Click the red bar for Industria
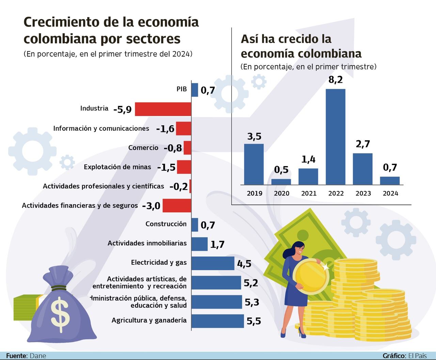tap(163, 109)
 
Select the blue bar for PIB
tap(194, 90)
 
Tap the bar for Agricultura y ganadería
tap(218, 321)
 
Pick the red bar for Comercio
tap(187, 148)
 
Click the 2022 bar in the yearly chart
tap(336, 137)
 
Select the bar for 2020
tap(281, 182)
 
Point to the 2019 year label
tap(254, 193)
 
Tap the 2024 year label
tap(390, 193)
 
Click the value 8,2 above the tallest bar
tap(336, 80)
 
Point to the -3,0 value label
tap(151, 206)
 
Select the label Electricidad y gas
tap(159, 262)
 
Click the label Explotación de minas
tap(118, 167)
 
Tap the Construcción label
tap(166, 224)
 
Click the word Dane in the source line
tap(38, 356)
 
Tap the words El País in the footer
tap(417, 356)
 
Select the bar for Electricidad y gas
tap(213, 263)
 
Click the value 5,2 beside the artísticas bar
tap(251, 283)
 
